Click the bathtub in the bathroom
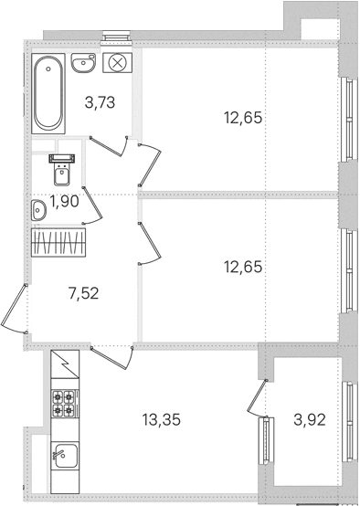click(48, 93)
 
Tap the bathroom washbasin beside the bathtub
click(83, 63)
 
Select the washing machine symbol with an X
click(117, 63)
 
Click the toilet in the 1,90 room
click(61, 170)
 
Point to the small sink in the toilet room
click(38, 210)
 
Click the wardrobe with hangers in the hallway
click(58, 242)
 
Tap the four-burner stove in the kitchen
click(63, 404)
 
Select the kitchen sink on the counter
click(65, 456)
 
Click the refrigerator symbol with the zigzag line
click(65, 364)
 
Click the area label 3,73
click(100, 103)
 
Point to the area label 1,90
click(65, 202)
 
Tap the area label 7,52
click(84, 294)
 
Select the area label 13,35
click(161, 420)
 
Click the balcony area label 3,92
click(310, 420)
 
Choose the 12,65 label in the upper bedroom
click(243, 118)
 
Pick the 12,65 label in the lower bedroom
click(243, 268)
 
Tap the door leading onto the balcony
click(258, 397)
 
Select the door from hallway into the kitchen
click(112, 357)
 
